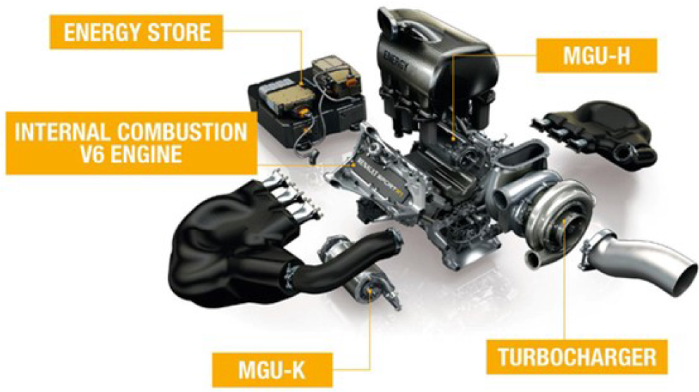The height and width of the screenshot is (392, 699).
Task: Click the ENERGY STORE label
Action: pyautogui.click(x=137, y=32)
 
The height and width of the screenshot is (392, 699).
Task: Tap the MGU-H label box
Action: pyautogui.click(x=596, y=55)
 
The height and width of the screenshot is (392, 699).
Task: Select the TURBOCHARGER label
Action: pyautogui.click(x=577, y=358)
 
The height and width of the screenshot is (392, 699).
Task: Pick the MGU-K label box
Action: pyautogui.click(x=272, y=369)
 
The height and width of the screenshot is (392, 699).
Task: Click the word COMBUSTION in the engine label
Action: pyautogui.click(x=182, y=132)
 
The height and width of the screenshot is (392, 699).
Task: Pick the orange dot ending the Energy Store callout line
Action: pyautogui.click(x=302, y=83)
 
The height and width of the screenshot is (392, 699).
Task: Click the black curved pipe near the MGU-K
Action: pyautogui.click(x=339, y=267)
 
